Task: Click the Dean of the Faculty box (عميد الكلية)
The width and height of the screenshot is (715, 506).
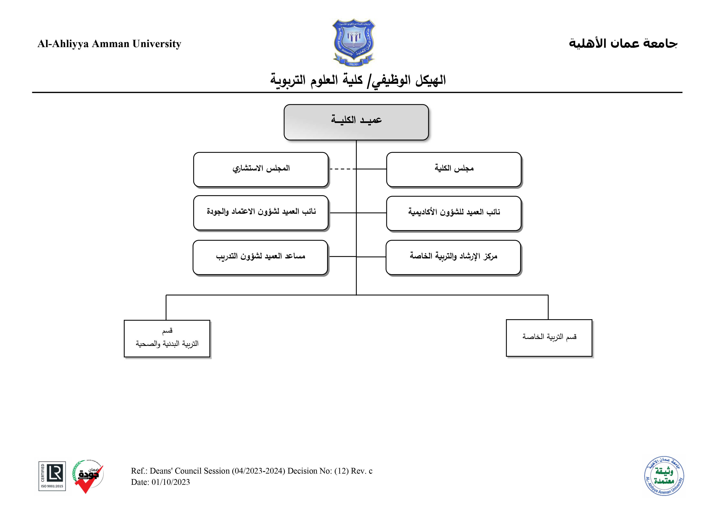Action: [x=356, y=122]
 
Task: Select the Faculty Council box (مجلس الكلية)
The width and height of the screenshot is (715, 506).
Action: [x=454, y=170]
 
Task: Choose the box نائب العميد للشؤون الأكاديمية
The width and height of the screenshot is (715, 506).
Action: [x=454, y=213]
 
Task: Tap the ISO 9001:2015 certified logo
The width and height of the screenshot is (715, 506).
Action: [x=52, y=476]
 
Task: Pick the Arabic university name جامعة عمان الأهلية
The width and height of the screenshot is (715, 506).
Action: [x=623, y=43]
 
